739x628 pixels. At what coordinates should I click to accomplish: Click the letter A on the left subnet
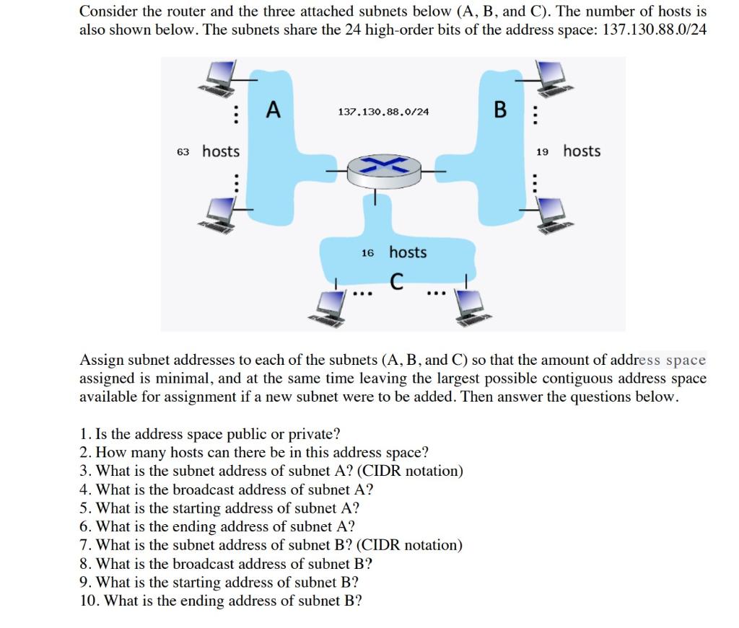pos(273,110)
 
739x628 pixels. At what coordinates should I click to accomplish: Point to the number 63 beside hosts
pos(183,152)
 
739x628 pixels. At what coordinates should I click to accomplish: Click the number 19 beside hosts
pos(543,152)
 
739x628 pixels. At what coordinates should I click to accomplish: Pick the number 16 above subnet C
pos(367,254)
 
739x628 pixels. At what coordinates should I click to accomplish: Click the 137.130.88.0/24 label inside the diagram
pos(383,112)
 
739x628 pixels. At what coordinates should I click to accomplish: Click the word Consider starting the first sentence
pos(105,12)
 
